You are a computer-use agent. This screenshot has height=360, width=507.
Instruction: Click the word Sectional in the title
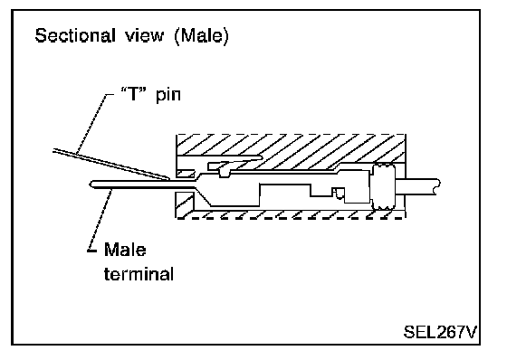75,35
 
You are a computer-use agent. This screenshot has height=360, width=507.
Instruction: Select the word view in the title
145,35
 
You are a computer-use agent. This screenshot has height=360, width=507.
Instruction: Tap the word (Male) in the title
201,35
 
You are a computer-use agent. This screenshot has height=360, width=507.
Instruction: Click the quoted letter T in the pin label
133,93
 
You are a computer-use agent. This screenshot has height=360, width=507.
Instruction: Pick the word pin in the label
168,95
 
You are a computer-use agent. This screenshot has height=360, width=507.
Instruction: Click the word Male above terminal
125,250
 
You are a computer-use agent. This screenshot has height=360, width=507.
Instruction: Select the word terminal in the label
139,274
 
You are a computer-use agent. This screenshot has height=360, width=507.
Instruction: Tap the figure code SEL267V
440,332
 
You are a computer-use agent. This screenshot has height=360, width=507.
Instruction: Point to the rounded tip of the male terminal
91,184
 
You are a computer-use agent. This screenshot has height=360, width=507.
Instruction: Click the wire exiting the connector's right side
417,187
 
